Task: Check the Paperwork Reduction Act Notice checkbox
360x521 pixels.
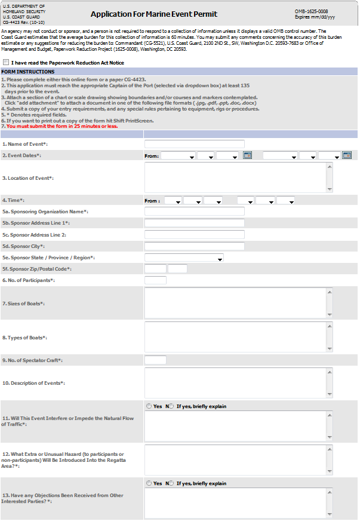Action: tap(6, 62)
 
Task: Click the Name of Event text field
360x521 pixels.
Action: tap(195, 144)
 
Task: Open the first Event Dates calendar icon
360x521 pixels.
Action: tap(247, 155)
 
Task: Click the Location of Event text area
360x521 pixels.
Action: tap(235, 177)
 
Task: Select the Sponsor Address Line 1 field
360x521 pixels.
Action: tap(195, 223)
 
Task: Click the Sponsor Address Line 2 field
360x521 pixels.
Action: tap(195, 235)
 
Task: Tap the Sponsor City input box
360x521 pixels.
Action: tap(195, 246)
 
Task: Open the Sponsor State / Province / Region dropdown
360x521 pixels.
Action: tap(184, 258)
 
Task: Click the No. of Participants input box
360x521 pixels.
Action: tap(155, 280)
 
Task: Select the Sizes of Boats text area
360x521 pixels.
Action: tap(235, 303)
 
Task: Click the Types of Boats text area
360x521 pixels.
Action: tap(235, 337)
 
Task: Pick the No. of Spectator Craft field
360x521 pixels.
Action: tap(155, 360)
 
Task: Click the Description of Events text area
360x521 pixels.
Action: tap(235, 382)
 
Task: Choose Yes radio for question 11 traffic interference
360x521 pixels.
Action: tap(149, 406)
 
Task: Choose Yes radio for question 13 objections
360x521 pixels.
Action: tap(149, 483)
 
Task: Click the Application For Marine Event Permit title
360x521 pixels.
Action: tap(154, 14)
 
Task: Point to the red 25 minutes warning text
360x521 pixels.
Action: tap(62, 126)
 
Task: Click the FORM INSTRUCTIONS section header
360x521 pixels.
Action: tap(27, 72)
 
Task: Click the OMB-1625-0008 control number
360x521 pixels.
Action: tap(311, 11)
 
